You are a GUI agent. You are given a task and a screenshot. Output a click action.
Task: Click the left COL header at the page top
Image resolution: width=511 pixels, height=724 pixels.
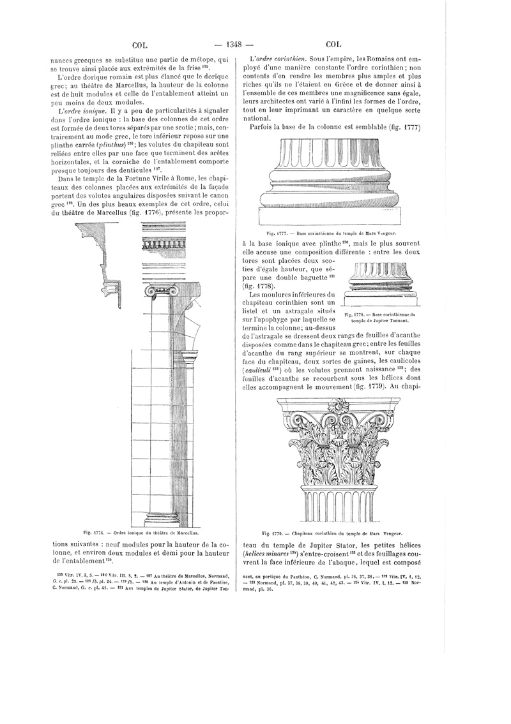coord(140,45)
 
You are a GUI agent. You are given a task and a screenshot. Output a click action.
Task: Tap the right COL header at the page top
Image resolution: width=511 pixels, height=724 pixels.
coord(334,45)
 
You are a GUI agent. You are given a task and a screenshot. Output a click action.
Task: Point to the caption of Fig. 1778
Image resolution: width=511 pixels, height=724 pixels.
coord(380,317)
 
